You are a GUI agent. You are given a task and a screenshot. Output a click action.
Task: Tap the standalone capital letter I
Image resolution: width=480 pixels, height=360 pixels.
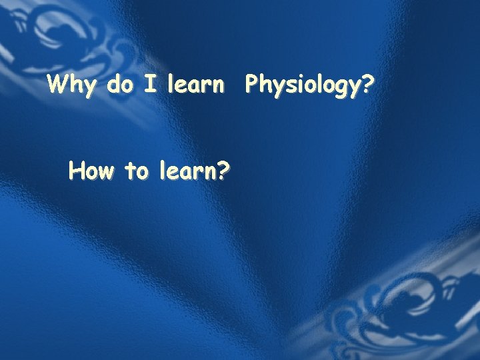(151, 85)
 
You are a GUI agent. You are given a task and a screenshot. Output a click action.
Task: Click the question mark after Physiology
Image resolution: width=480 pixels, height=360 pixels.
(368, 85)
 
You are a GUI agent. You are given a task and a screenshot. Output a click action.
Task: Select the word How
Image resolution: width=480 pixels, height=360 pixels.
(92, 172)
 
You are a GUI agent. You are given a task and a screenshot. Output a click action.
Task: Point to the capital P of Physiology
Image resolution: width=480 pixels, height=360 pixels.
(252, 85)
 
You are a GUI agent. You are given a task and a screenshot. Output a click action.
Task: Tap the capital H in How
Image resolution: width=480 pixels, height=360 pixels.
(77, 172)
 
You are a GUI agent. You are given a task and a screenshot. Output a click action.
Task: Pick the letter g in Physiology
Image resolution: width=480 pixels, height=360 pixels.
(340, 89)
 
